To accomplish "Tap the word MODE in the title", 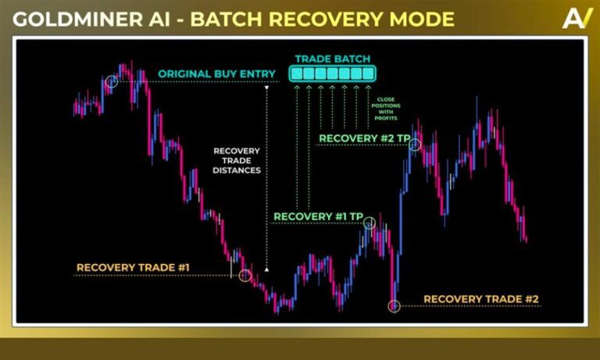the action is click(422, 19).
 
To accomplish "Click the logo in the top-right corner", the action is click(577, 19).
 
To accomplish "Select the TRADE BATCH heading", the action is click(333, 59).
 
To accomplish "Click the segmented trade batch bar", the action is click(333, 73).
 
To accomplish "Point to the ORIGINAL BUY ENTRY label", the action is click(216, 74).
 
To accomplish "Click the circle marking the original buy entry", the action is click(112, 81).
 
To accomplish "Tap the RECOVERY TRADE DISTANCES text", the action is click(237, 161).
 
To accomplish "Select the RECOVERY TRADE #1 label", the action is click(133, 267).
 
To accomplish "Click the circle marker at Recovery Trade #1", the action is click(245, 275).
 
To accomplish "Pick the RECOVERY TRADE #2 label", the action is click(481, 299).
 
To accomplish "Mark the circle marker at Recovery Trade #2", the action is click(394, 306).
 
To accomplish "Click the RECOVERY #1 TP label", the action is click(318, 216).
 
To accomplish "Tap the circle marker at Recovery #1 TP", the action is click(370, 223).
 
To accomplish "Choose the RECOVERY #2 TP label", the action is click(364, 138).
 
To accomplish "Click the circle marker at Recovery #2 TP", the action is click(415, 144).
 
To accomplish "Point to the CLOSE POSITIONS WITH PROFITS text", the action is click(386, 109).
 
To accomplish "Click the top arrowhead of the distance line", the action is click(266, 88).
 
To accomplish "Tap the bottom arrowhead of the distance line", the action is click(266, 269).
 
